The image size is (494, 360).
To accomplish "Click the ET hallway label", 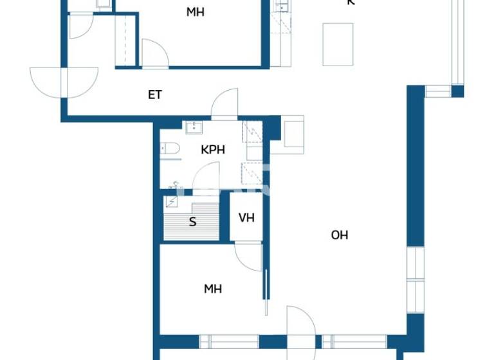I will click(155, 95).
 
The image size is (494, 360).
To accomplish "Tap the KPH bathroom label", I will click(213, 150).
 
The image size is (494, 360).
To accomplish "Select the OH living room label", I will click(340, 235).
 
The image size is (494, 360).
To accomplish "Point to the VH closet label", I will click(246, 218).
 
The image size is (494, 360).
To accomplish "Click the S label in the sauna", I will click(192, 223).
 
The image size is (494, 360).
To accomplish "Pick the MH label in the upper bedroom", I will click(196, 12).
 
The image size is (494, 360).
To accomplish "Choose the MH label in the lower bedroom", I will click(213, 289).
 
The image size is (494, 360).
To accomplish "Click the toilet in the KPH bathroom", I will click(169, 148).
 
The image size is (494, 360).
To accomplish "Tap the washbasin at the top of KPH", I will click(194, 127).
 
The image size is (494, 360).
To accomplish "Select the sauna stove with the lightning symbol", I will click(172, 203).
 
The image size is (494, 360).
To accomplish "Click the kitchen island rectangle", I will click(338, 44).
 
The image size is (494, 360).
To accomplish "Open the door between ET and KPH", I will click(225, 105).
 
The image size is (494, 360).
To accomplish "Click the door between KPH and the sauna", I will click(207, 177).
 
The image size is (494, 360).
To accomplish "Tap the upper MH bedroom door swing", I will click(154, 55).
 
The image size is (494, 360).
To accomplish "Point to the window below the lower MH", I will click(229, 342).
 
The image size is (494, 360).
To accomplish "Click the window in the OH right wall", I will click(416, 280).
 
